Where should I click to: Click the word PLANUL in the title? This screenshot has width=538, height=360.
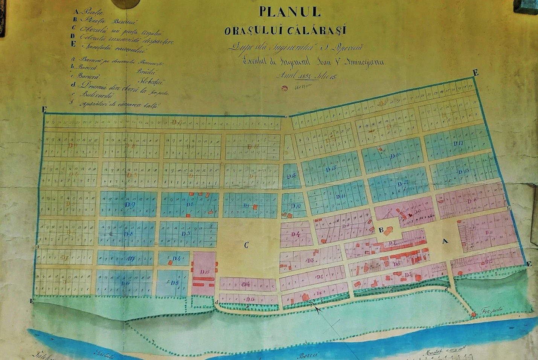click(289, 12)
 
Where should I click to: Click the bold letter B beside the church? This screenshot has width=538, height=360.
click(381, 230)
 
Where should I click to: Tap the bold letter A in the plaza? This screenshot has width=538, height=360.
click(445, 241)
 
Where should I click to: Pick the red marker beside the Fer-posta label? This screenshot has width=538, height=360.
click(473, 314)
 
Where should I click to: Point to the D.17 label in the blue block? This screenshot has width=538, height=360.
click(458, 143)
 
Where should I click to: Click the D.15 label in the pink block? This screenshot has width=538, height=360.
click(205, 272)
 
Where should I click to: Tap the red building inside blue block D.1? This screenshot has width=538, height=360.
click(255, 207)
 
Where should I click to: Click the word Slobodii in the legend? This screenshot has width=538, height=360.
click(148, 80)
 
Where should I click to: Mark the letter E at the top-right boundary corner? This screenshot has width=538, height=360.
click(476, 73)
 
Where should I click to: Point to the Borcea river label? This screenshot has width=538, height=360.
click(311, 354)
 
